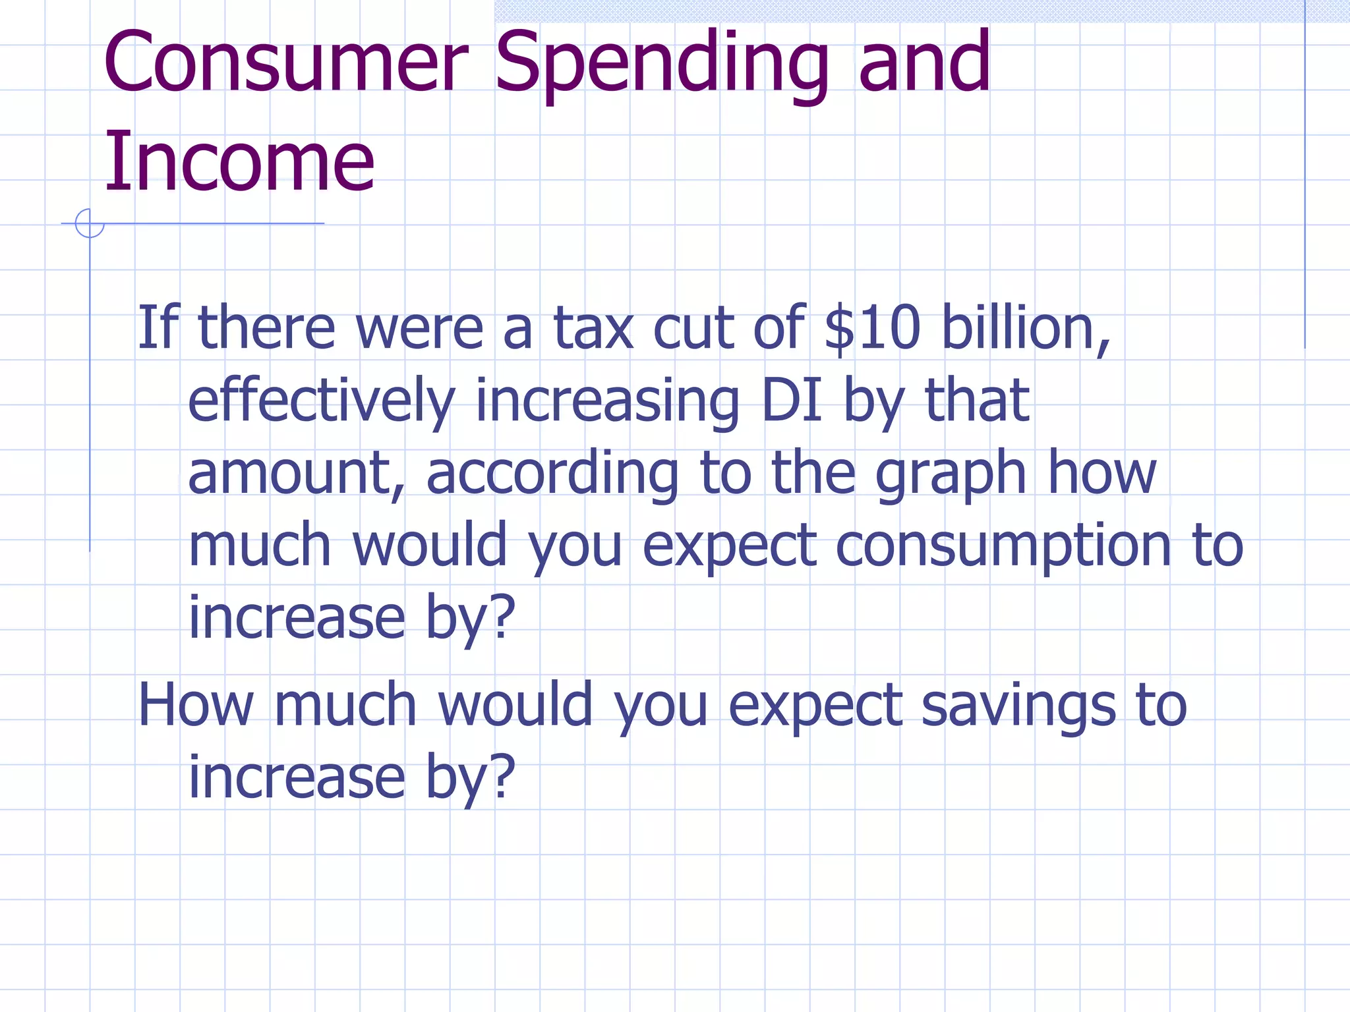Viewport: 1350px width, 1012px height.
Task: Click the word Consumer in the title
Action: (x=285, y=63)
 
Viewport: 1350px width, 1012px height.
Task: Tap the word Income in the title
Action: (x=239, y=162)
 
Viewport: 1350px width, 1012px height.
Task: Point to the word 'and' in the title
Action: (x=924, y=63)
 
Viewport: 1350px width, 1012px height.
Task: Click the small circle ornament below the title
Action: (x=90, y=223)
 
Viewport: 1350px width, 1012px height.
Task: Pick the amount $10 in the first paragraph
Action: (x=872, y=327)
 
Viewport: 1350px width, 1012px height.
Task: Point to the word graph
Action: (x=951, y=474)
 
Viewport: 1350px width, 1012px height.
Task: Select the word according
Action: (x=552, y=474)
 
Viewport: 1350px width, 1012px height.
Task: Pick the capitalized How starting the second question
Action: (x=196, y=705)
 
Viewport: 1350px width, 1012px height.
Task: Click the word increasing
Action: (x=607, y=401)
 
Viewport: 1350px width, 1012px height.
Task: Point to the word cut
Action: (x=693, y=327)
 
